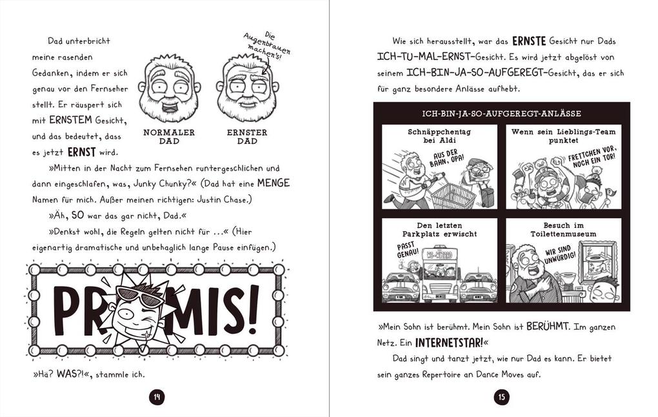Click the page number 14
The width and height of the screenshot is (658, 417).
156,397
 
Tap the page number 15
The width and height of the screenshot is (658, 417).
502,397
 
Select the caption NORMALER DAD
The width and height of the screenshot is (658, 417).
169,136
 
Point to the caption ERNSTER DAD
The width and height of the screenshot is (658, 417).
247,136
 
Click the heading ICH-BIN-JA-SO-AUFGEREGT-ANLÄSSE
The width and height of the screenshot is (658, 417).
501,114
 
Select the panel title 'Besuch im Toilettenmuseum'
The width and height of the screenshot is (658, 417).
563,229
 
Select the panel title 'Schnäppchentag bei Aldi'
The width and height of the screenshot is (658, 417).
439,136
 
